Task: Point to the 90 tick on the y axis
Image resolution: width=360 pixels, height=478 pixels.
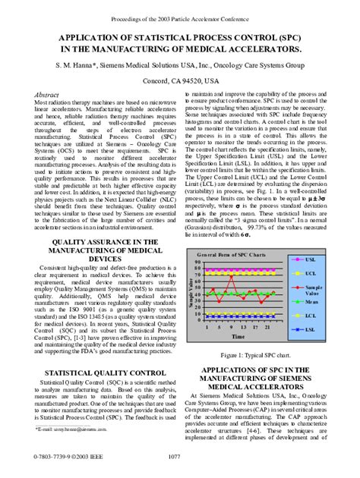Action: pos(199,261)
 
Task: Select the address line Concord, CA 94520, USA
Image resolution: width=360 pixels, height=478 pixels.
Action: pos(179,78)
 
